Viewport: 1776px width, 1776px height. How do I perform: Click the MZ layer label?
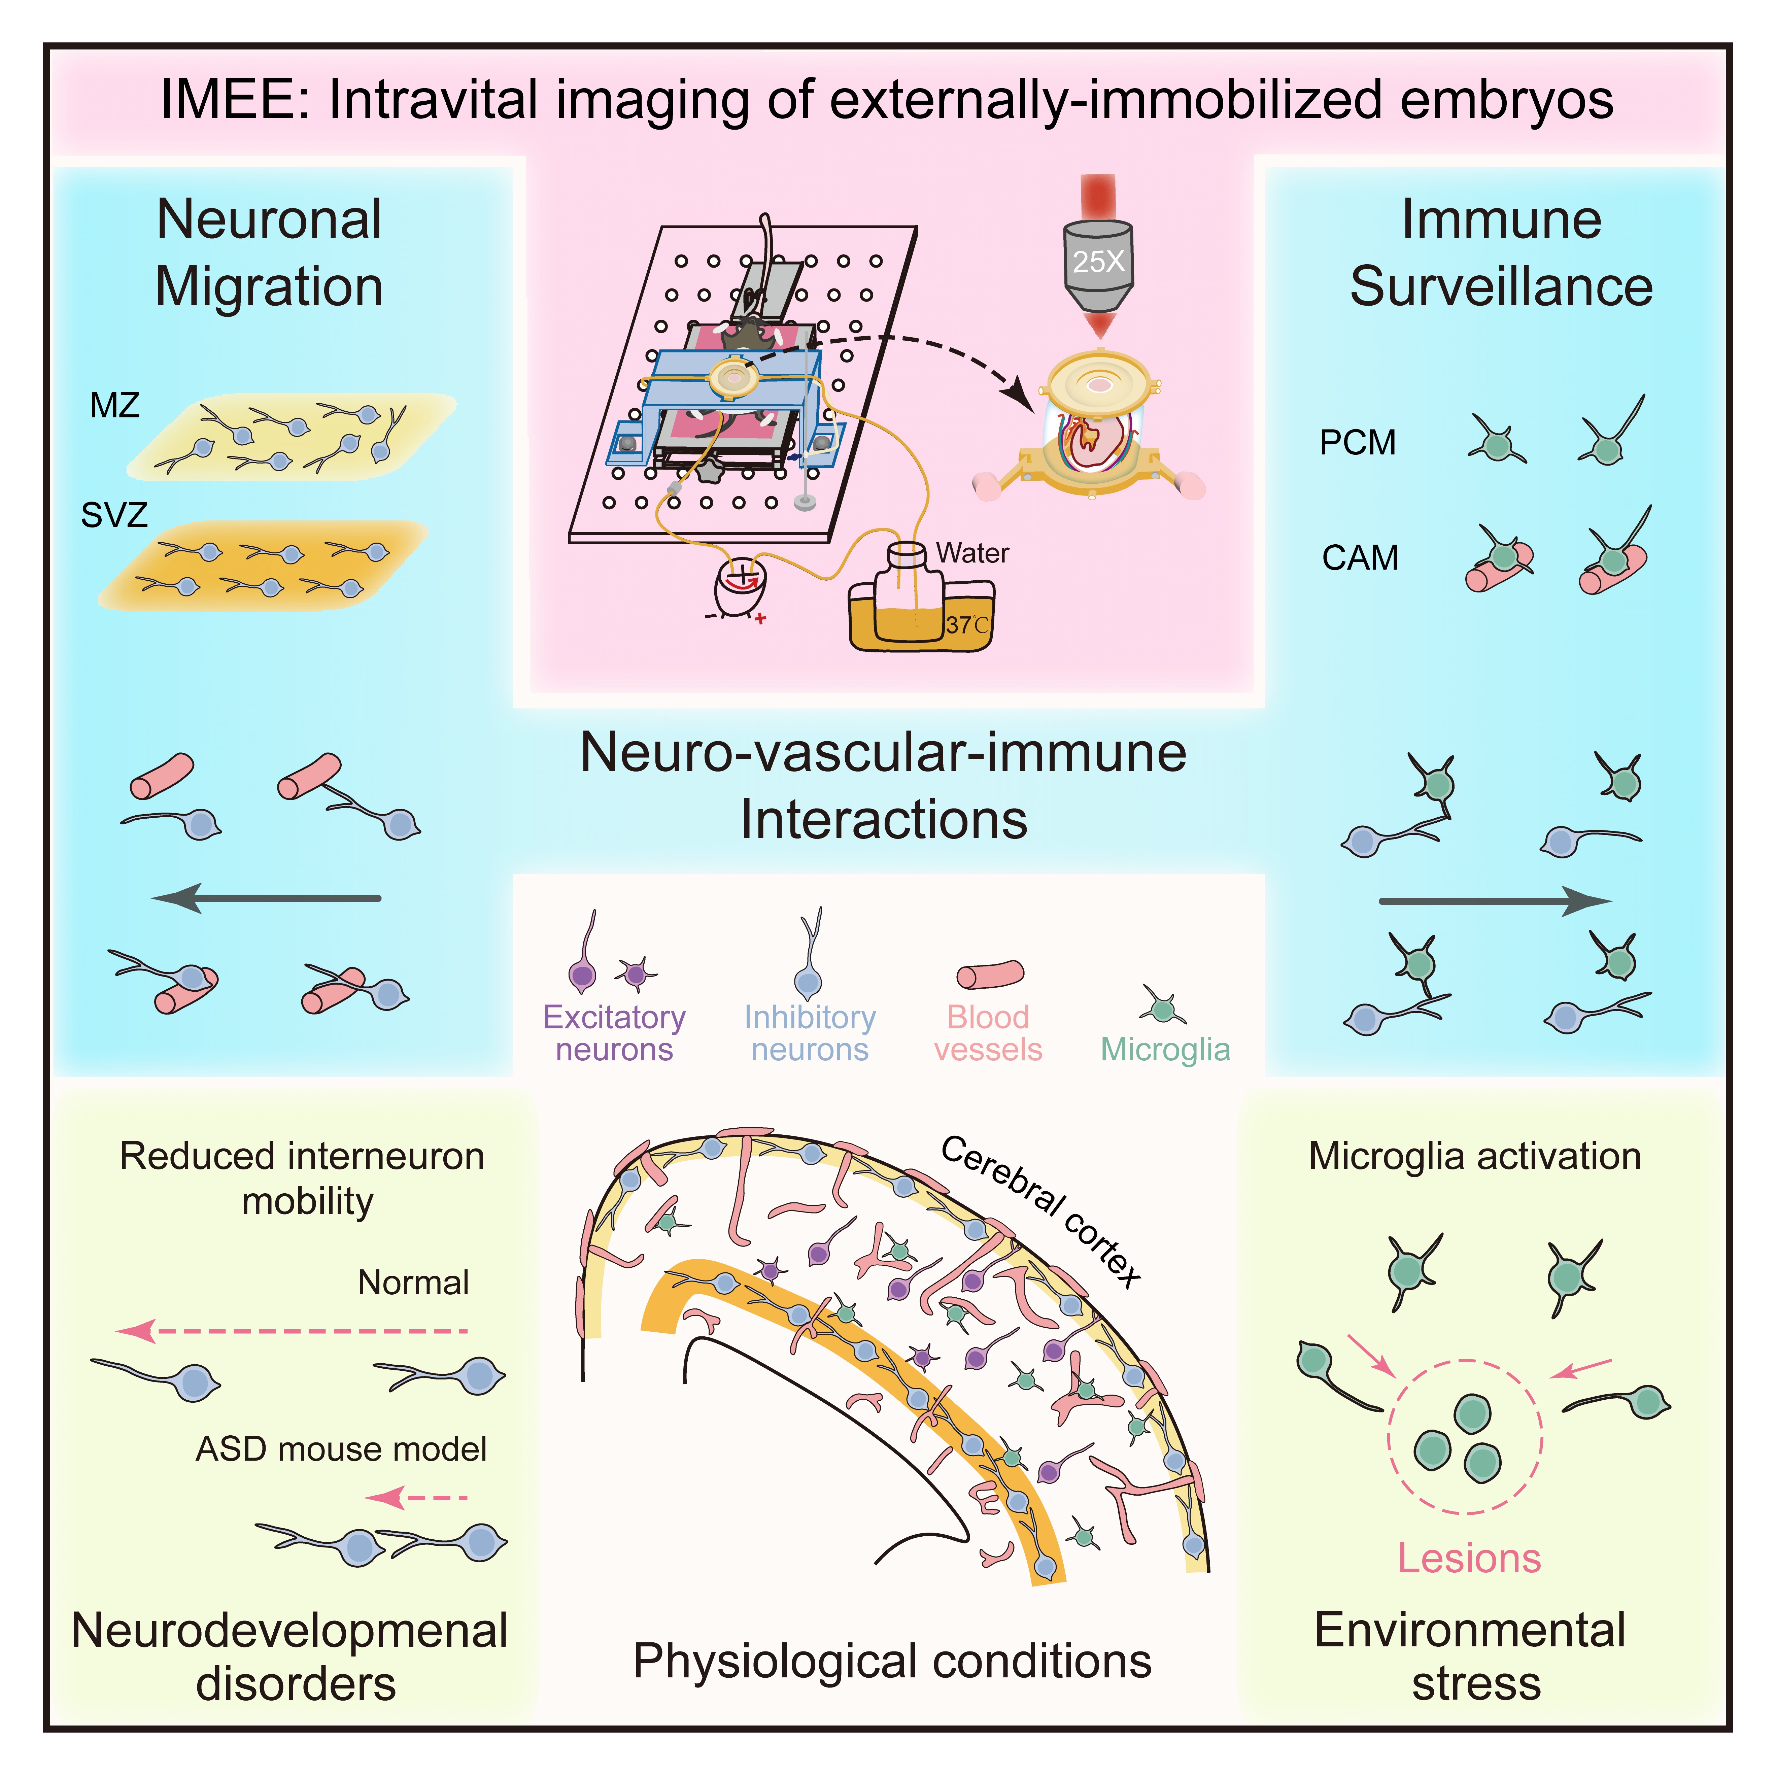tap(115, 405)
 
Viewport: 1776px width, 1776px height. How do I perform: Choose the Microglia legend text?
tap(1165, 1049)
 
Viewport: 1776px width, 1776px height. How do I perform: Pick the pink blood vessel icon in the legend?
tap(990, 975)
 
